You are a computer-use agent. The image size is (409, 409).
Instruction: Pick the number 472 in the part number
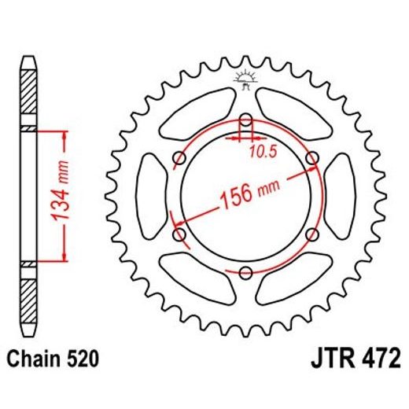[376, 360]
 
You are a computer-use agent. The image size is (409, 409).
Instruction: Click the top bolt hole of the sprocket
[245, 120]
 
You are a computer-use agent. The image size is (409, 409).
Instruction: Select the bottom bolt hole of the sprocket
[245, 273]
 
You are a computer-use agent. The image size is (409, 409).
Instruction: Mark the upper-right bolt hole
[311, 159]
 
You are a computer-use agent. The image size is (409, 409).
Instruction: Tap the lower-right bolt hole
[311, 234]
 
